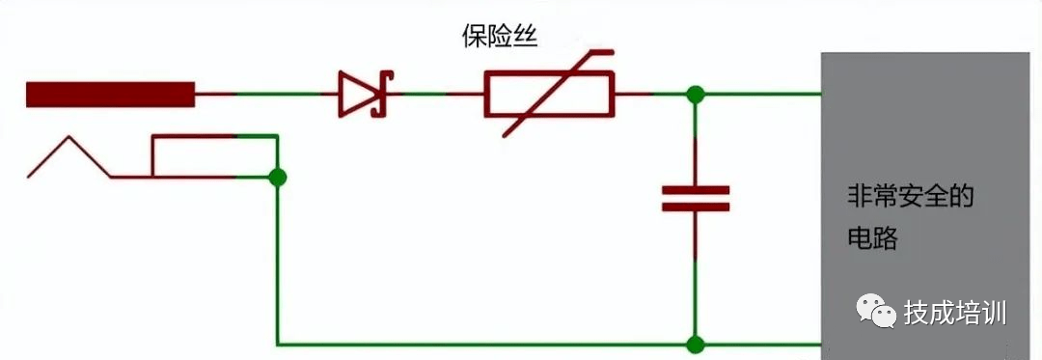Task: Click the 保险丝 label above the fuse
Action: pos(499,38)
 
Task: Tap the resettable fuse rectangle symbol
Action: pos(547,96)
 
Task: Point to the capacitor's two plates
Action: pos(695,198)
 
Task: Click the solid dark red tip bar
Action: pos(110,95)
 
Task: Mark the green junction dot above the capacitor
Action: pos(695,95)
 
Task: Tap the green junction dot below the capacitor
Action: pos(695,344)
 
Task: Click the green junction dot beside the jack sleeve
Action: pos(278,178)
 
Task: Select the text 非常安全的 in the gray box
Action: pos(910,199)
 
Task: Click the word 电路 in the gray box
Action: pos(871,238)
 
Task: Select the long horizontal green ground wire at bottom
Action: pos(482,344)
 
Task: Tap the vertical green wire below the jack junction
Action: pos(278,261)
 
